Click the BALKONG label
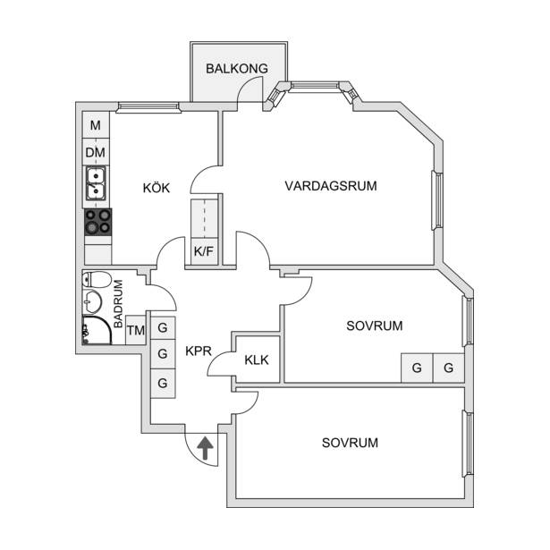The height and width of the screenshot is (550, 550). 237,68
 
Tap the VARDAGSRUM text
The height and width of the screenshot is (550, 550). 331,186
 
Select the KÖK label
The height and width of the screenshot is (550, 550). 157,188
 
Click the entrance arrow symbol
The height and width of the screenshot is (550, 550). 205,448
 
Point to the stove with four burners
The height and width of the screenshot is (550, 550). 97,222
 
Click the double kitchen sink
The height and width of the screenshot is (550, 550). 96,183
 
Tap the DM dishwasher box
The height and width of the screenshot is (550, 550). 96,152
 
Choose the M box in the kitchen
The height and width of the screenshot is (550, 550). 96,125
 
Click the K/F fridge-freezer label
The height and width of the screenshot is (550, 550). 204,251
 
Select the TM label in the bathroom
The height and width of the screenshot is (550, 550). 136,330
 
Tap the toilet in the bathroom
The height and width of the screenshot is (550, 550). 96,280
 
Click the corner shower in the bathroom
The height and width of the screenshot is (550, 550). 97,331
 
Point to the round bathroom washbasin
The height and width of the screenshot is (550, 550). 92,301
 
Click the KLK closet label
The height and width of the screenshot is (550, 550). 257,360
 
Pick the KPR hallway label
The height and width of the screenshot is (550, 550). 199,351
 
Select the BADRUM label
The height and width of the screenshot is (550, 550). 118,304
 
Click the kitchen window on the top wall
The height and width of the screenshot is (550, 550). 148,106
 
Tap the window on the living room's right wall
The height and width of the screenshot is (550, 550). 437,200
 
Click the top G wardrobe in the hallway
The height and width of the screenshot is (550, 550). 163,328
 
